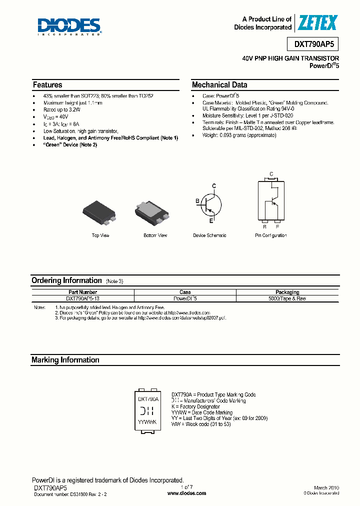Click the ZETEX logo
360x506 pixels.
(x=317, y=22)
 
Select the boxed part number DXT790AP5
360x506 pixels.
(x=313, y=44)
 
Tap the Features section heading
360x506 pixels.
(x=47, y=85)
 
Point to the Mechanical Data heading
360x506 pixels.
(x=219, y=85)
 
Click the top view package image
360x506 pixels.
(x=100, y=211)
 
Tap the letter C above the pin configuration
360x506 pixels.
(x=271, y=174)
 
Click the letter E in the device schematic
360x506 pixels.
(x=211, y=220)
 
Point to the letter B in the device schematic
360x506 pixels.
(x=197, y=201)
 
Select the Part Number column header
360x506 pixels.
(x=83, y=292)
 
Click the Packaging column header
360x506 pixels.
(x=287, y=292)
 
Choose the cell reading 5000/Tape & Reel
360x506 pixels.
(x=287, y=298)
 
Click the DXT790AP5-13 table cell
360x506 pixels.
(x=83, y=298)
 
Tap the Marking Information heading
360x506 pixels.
(x=65, y=360)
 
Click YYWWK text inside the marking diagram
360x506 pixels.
(x=147, y=422)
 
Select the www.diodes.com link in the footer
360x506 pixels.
(x=186, y=493)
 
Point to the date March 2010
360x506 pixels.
(x=326, y=487)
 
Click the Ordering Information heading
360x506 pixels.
(x=66, y=280)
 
